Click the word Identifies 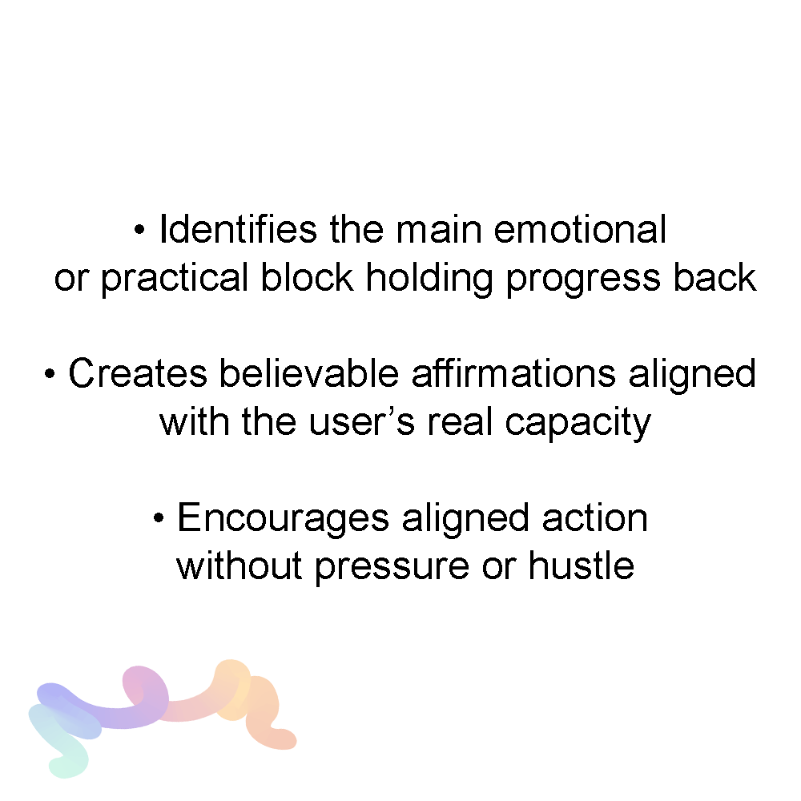click(238, 229)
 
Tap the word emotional click(580, 229)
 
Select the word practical click(174, 279)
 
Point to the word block click(307, 277)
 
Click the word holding click(429, 279)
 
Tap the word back click(714, 277)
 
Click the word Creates click(138, 373)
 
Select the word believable click(309, 373)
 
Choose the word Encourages click(283, 519)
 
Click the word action click(594, 518)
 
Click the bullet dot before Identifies click(139, 231)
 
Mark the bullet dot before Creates click(50, 374)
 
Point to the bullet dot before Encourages click(159, 518)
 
